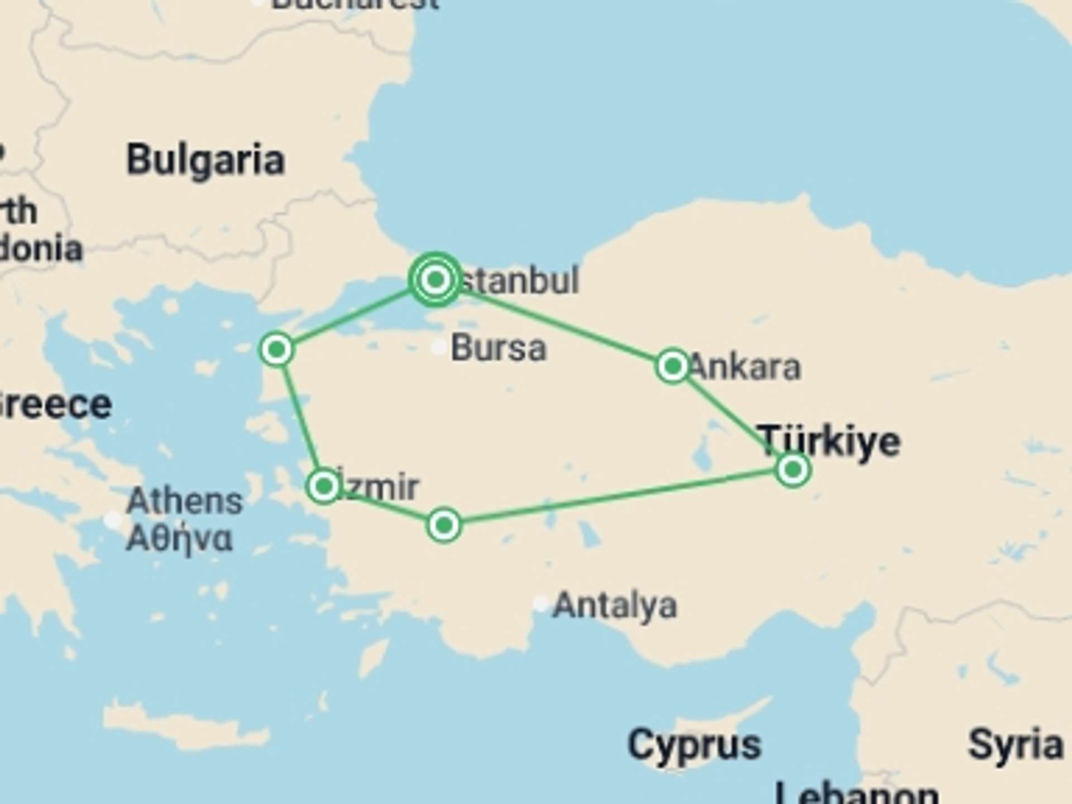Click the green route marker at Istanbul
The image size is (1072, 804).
(x=435, y=279)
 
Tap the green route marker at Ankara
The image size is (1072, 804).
(x=672, y=366)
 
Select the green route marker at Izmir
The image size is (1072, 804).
(x=323, y=486)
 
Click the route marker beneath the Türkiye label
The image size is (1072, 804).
(x=792, y=470)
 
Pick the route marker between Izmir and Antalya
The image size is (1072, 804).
(x=444, y=525)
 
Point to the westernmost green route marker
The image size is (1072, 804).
(x=276, y=350)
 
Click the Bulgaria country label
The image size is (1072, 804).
(x=205, y=161)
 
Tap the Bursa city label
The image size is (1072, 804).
(x=498, y=348)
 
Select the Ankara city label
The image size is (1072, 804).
(x=745, y=367)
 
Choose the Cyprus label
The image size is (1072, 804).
(x=694, y=745)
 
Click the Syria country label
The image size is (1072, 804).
(x=1015, y=745)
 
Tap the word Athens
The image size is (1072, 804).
(x=185, y=501)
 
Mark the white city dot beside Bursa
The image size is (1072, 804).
(x=439, y=347)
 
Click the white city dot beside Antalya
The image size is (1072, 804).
(x=540, y=604)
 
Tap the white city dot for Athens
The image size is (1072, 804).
(x=113, y=520)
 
